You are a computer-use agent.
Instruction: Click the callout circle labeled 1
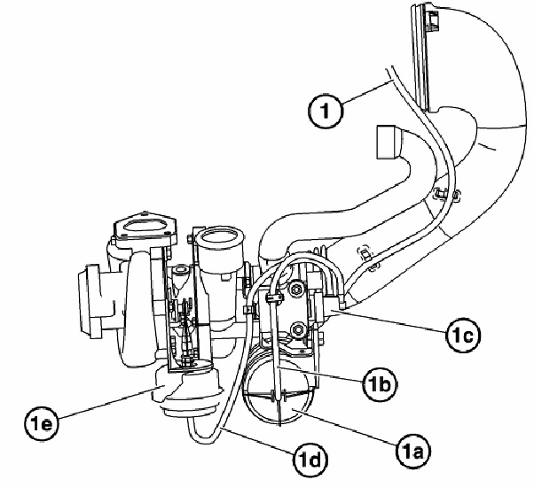(x=325, y=112)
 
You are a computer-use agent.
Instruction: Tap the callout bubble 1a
(x=413, y=452)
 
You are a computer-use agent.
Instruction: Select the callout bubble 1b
(x=380, y=384)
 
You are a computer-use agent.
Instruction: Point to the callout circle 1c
(x=463, y=336)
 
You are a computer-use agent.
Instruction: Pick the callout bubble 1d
(x=310, y=460)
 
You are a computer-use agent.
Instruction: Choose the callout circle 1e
(x=42, y=424)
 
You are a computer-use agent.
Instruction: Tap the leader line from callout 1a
(x=346, y=427)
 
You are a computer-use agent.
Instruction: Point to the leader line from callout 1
(x=366, y=91)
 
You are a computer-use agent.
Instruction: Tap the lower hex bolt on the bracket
(x=298, y=329)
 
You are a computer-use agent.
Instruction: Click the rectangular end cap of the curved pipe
(x=386, y=142)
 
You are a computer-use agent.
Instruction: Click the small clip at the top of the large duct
(x=433, y=21)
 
